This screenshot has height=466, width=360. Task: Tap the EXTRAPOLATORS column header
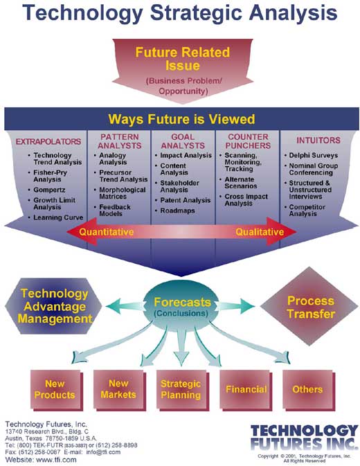pos(48,142)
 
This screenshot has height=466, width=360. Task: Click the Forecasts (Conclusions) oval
pos(182,307)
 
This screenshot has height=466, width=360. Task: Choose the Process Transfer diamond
pos(311,307)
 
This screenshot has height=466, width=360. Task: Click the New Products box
pos(60,389)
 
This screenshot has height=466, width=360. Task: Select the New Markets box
pos(118,389)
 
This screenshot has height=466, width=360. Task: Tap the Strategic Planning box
pos(180,389)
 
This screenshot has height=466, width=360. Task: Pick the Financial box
pos(245,389)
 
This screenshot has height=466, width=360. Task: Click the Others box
pos(307,389)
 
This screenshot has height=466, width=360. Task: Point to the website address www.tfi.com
pos(55,459)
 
